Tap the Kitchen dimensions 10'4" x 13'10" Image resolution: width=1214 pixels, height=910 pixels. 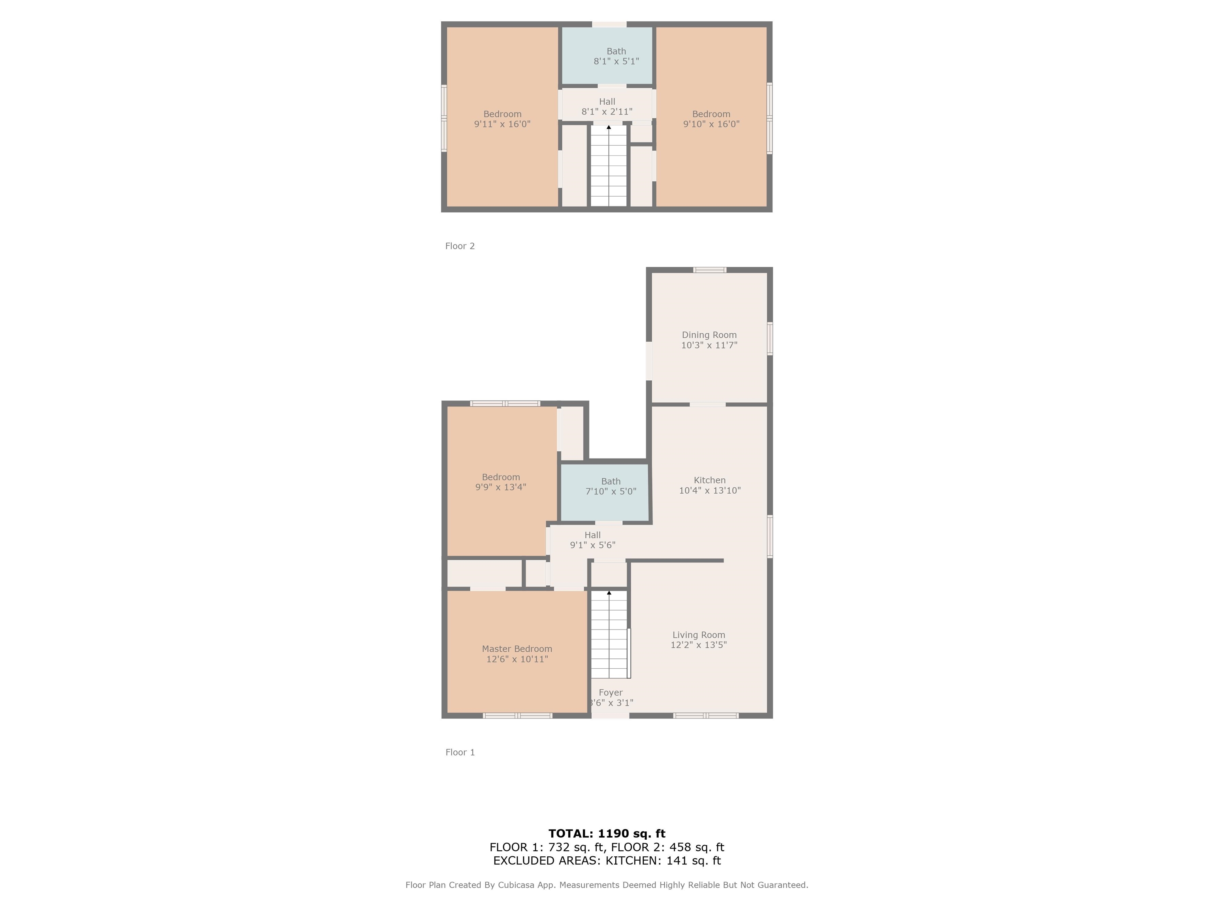[710, 491]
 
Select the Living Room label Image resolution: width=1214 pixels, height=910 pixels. [699, 635]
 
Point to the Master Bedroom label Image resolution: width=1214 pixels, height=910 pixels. [517, 649]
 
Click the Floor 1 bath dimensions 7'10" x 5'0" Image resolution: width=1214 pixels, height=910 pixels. [611, 491]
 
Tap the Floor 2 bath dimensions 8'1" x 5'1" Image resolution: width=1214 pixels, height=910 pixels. [616, 62]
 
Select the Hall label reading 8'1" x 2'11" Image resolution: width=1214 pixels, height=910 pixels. [607, 102]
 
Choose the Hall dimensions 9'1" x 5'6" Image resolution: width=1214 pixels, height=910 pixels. [593, 545]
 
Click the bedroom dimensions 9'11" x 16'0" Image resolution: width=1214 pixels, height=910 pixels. [502, 124]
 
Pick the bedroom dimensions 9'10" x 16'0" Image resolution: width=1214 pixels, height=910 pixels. [711, 124]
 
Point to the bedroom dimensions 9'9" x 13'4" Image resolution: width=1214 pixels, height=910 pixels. [501, 487]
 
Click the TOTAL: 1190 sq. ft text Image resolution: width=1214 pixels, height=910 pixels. [607, 834]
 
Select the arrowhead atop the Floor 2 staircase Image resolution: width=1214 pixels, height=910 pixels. [609, 127]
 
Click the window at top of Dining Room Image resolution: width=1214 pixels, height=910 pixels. [710, 270]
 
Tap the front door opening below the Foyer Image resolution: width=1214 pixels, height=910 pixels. [610, 716]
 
